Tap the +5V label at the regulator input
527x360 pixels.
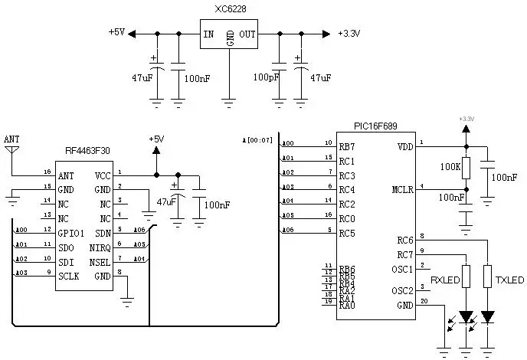coord(116,32)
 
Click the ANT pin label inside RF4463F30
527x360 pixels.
coord(67,175)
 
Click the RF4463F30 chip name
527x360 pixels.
coord(87,152)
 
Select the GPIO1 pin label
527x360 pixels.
coord(73,233)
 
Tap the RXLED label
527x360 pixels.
coord(445,280)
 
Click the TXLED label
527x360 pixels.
coord(509,280)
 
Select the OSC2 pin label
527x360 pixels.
coord(401,291)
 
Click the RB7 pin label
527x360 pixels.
coord(347,146)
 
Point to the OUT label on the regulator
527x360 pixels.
coord(247,34)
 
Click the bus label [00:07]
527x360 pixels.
coord(257,139)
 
